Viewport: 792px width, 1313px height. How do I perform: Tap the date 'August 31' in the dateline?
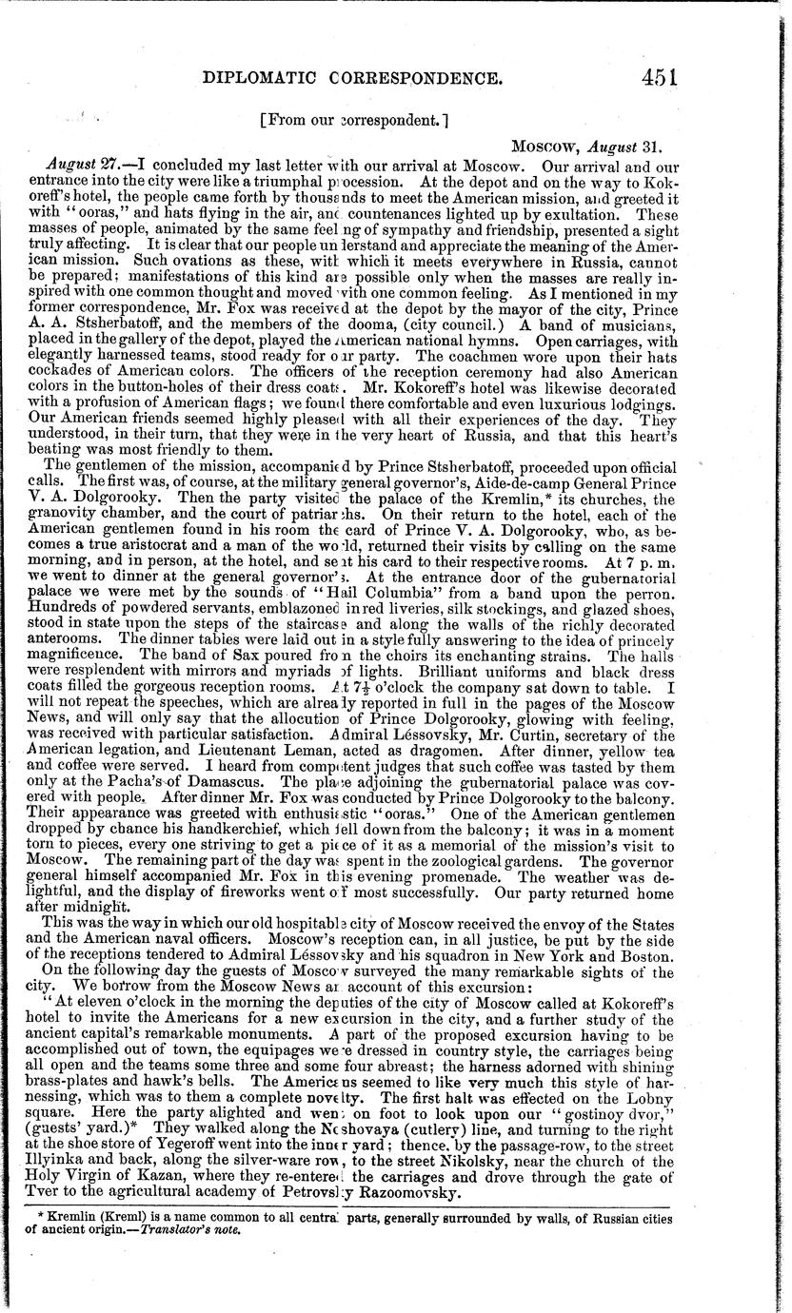tap(624, 147)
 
